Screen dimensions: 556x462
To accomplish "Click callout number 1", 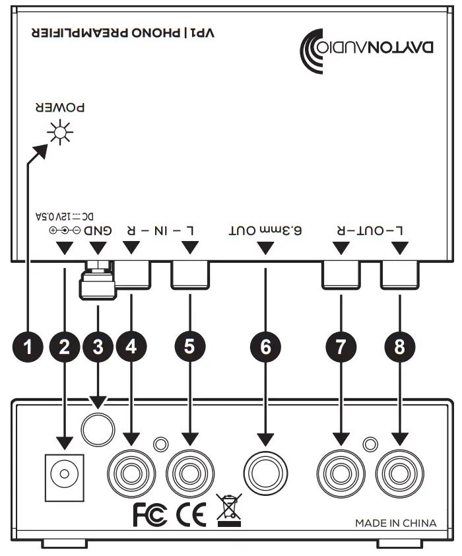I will (28, 346).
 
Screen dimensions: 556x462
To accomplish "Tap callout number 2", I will (64, 346).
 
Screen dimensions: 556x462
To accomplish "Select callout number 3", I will (97, 346).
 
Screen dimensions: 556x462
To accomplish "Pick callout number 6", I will (265, 346).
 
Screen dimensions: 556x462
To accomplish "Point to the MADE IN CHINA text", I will (395, 523).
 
